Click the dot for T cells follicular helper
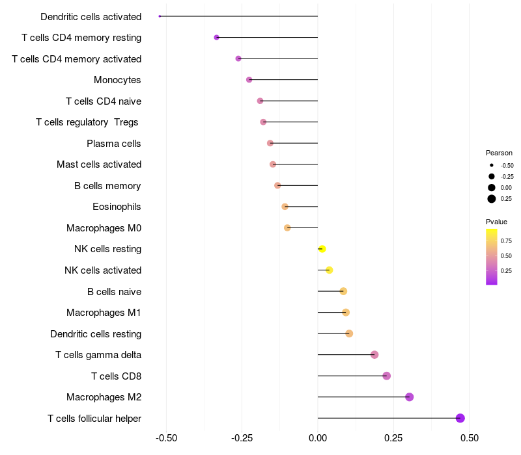[x=460, y=418]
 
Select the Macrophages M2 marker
[x=410, y=397]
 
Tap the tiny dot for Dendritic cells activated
[x=160, y=16]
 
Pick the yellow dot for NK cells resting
[x=322, y=249]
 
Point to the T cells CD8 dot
[x=387, y=376]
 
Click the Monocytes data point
[x=249, y=80]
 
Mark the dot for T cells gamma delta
[x=374, y=355]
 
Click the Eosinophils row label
[x=117, y=207]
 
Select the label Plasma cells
[x=114, y=143]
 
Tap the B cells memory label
[x=107, y=186]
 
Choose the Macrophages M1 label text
[x=104, y=313]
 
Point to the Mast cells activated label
[x=99, y=164]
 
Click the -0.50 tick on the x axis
[x=167, y=438]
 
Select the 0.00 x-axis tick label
[x=318, y=438]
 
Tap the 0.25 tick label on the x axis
[x=393, y=438]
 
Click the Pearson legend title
[x=499, y=153]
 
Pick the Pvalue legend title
[x=496, y=222]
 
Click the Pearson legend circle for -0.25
[x=492, y=176]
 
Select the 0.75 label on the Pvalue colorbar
[x=506, y=241]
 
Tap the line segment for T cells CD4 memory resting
[x=267, y=38]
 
